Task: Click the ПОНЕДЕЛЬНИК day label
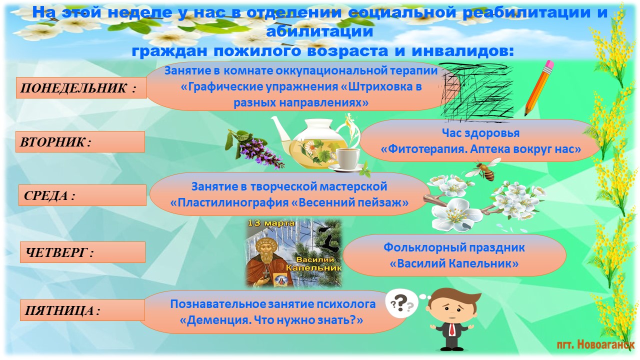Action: pos(81,87)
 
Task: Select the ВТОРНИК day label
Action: pos(80,141)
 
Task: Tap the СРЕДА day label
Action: pos(82,195)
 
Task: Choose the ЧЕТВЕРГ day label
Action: pos(82,252)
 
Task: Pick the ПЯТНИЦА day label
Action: pos(82,310)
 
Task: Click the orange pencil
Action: pos(539,88)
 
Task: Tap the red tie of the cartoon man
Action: pos(452,330)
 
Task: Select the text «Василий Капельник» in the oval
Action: pos(454,263)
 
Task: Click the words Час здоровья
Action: pos(480,133)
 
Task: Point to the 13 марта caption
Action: pos(271,223)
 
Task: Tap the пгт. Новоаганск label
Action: pos(595,345)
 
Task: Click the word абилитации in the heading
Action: pos(319,31)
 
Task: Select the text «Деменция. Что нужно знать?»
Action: pos(271,320)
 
